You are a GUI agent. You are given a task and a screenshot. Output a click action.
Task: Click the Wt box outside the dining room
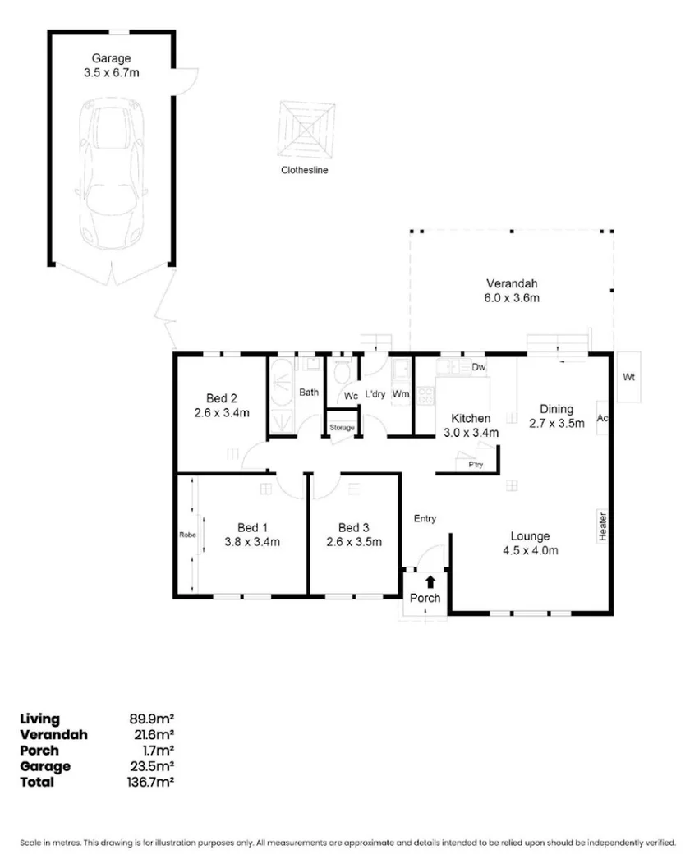click(629, 378)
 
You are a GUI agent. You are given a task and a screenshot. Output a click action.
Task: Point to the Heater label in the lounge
click(602, 526)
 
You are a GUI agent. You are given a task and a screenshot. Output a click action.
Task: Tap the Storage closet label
click(342, 428)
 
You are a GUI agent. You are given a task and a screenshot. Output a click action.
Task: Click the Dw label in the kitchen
click(480, 367)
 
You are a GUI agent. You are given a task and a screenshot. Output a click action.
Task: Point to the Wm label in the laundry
click(401, 394)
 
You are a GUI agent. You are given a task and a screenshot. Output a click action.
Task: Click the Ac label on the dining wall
click(601, 417)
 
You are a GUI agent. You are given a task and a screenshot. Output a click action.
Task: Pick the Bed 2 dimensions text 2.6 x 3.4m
click(222, 413)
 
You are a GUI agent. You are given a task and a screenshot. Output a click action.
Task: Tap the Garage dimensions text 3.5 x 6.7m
click(112, 72)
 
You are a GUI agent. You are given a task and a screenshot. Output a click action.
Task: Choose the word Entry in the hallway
click(425, 518)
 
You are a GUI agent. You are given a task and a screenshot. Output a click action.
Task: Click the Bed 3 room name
click(353, 527)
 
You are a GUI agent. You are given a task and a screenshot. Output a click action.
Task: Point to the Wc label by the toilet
click(351, 395)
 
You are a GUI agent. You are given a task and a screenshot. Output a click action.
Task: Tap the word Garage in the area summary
click(44, 766)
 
